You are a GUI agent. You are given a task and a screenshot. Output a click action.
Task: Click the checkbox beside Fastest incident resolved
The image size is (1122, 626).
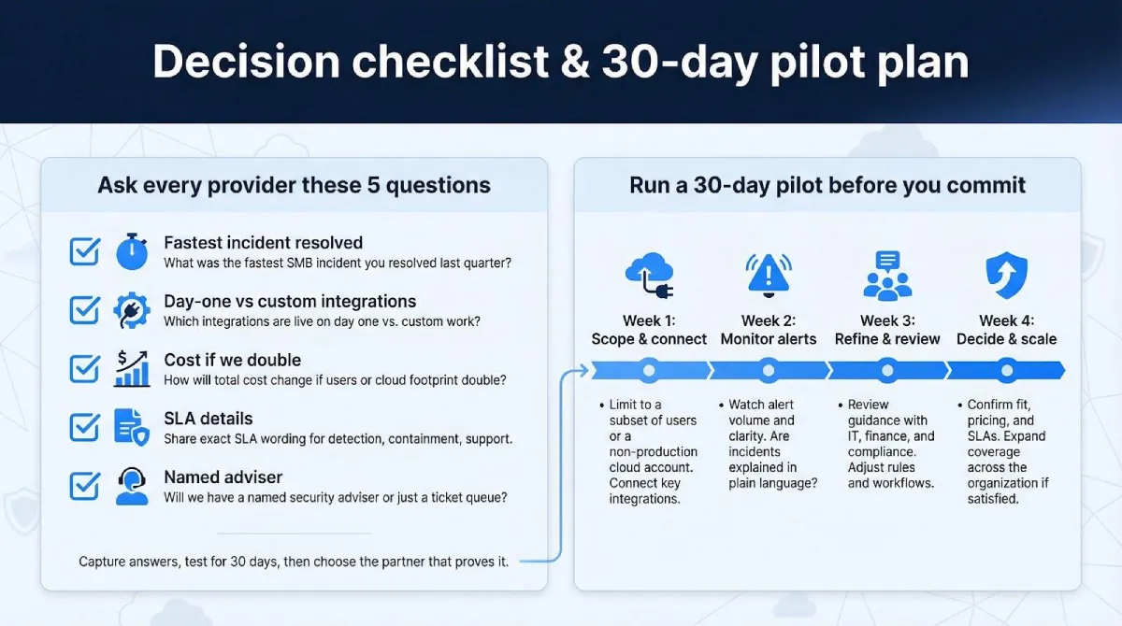point(85,252)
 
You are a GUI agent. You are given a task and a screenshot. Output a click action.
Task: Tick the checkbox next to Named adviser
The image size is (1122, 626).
point(85,486)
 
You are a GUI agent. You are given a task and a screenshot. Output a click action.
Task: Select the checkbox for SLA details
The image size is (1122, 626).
point(85,427)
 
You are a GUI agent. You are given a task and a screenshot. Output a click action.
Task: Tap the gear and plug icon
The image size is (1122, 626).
point(132,310)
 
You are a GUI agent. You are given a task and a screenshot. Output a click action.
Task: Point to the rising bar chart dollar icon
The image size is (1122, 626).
point(132,368)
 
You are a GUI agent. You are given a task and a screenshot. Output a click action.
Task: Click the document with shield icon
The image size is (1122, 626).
point(132,427)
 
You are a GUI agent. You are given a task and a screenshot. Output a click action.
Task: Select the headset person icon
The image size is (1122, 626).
point(132,486)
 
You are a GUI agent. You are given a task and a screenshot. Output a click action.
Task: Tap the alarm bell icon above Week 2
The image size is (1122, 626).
point(769,274)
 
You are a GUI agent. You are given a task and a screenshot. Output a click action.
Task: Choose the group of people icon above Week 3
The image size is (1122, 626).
point(887,276)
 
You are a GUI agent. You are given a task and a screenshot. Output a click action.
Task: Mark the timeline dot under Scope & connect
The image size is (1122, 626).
point(649,371)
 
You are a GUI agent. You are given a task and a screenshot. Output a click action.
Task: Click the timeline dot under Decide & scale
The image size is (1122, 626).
point(1006,371)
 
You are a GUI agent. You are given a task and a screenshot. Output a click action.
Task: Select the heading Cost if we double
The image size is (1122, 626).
point(232,360)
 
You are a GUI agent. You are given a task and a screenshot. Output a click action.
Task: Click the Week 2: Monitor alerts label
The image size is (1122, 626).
point(769,330)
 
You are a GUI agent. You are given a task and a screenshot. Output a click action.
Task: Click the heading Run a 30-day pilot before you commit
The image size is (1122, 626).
point(827,185)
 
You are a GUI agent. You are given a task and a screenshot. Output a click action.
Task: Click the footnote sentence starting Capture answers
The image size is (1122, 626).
point(294,562)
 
